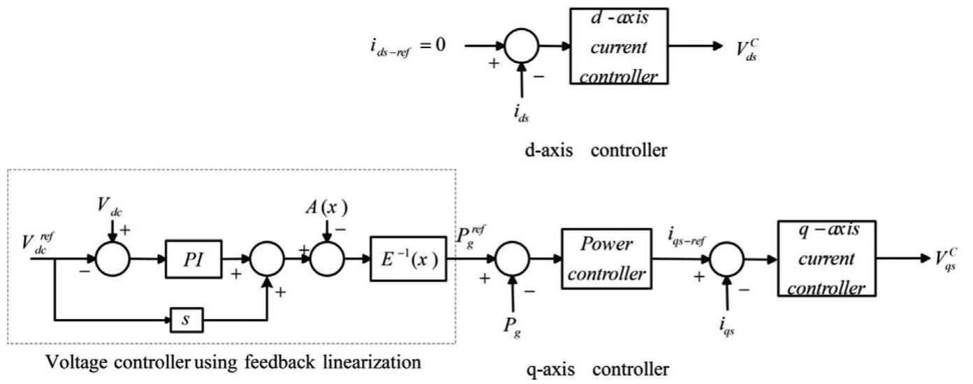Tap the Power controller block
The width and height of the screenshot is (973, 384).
pos(606,259)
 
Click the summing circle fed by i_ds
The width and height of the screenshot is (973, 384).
pos(520,47)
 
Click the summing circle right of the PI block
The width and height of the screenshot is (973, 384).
pos(267,260)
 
